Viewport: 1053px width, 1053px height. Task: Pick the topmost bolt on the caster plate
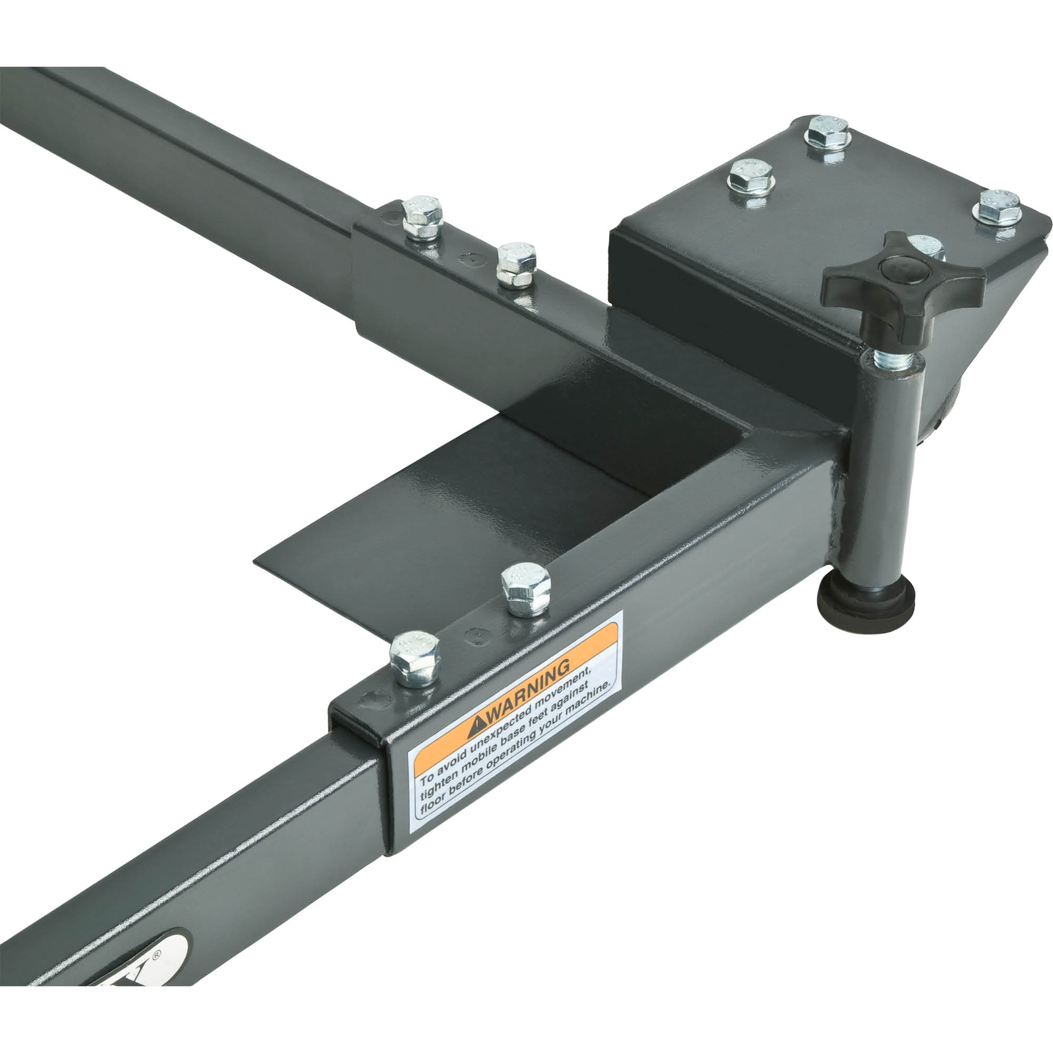pyautogui.click(x=828, y=134)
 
